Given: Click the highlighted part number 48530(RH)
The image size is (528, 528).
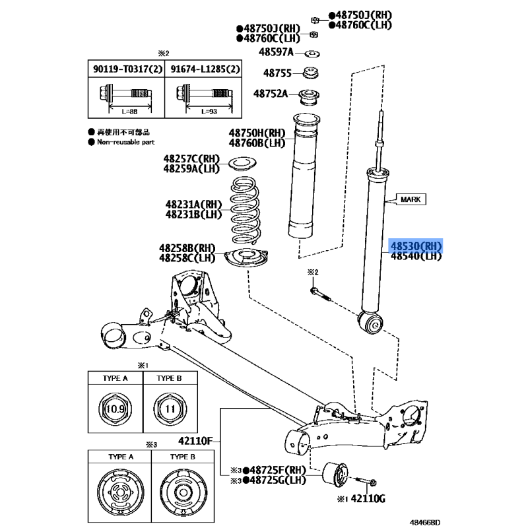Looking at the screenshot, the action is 416,246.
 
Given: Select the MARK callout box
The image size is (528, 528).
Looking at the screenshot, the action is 411,199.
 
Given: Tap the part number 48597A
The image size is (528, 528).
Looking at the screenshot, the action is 276,52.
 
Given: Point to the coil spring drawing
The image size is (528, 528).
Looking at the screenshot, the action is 245,210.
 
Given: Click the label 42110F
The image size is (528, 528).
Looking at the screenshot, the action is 195,441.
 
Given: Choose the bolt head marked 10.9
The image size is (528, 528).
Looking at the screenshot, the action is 115,409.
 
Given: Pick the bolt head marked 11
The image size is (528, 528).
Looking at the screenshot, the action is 170,409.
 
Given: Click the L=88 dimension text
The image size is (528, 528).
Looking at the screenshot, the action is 129,112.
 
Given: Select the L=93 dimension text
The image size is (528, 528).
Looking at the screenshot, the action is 209,112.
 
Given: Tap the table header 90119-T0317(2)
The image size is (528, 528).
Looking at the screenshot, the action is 127,69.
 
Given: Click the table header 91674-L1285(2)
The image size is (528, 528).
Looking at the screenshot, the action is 205,69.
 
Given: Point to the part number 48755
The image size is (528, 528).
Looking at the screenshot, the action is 277,73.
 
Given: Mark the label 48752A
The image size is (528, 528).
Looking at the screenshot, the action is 271,93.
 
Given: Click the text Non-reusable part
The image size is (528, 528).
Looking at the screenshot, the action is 125,142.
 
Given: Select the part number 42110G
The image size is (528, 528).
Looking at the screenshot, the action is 368,498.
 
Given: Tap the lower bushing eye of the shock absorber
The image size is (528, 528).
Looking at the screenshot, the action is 371,323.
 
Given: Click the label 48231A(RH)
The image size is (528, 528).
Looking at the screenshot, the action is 193,205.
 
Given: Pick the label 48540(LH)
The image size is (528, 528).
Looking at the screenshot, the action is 416,256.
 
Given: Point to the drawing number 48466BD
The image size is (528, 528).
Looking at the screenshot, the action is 425,522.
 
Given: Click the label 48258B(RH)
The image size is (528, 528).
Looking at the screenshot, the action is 187,248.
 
